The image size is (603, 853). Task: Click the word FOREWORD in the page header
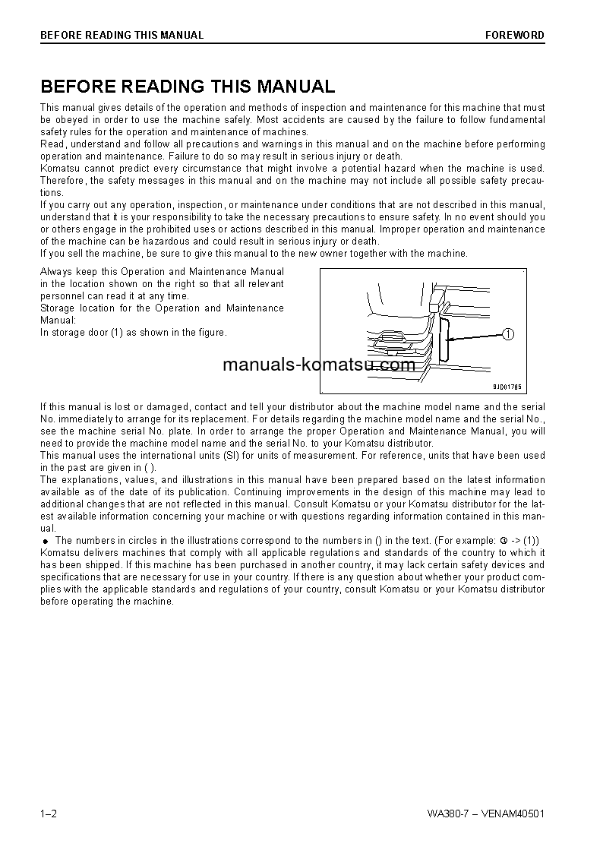[x=515, y=35]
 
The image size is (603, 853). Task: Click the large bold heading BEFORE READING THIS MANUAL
[x=188, y=87]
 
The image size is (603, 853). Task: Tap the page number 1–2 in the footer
[x=49, y=814]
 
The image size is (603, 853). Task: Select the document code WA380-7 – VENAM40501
[x=485, y=814]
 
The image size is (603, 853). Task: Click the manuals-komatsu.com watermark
[x=319, y=365]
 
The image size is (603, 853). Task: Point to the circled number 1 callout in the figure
[x=508, y=333]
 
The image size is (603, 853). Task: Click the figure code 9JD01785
[x=507, y=386]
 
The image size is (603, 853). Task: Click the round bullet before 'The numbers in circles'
[x=45, y=540]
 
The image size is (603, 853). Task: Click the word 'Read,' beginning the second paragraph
[x=52, y=144]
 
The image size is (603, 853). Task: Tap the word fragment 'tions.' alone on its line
[x=52, y=193]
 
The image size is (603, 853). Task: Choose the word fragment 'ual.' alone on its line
[x=48, y=529]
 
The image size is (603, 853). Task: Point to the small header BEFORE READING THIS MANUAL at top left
[x=122, y=35]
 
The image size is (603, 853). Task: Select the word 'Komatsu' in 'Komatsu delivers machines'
[x=60, y=553]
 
